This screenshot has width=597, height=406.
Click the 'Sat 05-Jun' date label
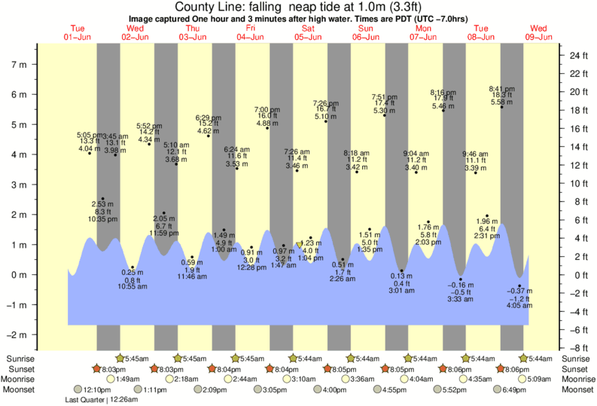coord(309,32)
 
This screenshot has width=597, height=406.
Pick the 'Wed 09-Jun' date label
coord(539,32)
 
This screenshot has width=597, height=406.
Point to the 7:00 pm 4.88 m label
coord(267,116)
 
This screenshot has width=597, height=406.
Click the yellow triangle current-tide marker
coord(300,246)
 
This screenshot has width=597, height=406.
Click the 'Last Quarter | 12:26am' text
coord(99,400)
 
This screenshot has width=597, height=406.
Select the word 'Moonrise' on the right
coord(577,380)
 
